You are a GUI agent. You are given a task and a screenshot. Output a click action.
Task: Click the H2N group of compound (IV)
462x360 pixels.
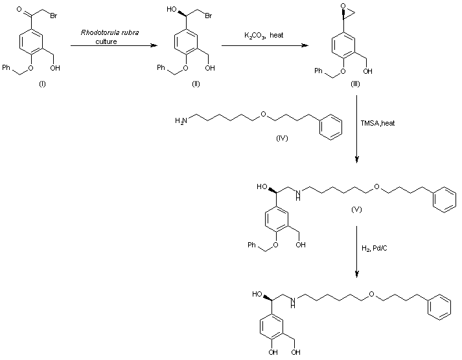click(x=181, y=120)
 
